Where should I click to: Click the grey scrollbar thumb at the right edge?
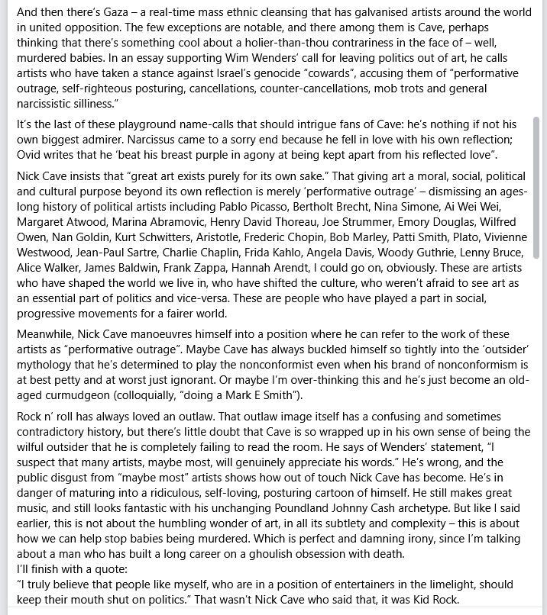pos(536,187)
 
